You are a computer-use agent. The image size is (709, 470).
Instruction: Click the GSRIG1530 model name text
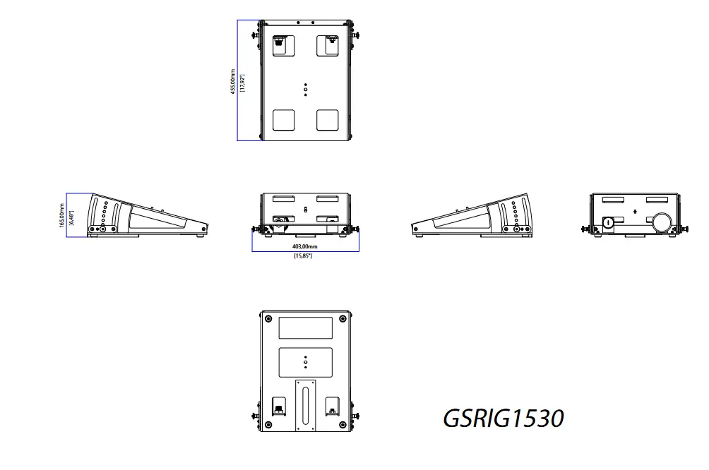click(503, 418)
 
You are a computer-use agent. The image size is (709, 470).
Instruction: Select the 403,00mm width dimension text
click(304, 246)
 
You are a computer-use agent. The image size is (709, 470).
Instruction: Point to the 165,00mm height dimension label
click(61, 215)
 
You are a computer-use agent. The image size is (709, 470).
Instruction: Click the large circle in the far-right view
click(662, 222)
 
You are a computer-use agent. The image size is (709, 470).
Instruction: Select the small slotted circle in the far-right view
click(608, 222)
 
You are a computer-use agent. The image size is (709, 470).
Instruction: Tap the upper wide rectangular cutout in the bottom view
click(305, 327)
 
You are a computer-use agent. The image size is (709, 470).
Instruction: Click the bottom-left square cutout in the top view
click(284, 120)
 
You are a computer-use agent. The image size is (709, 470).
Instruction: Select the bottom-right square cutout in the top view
click(328, 120)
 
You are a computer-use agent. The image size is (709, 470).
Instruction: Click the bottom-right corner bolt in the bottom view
click(343, 424)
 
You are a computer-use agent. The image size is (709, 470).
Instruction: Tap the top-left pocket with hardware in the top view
click(280, 44)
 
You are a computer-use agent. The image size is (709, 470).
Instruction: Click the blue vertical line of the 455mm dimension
click(238, 80)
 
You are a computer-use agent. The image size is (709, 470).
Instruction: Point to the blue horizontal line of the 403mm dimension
click(305, 251)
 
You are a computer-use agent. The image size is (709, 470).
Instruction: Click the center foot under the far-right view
click(635, 236)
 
